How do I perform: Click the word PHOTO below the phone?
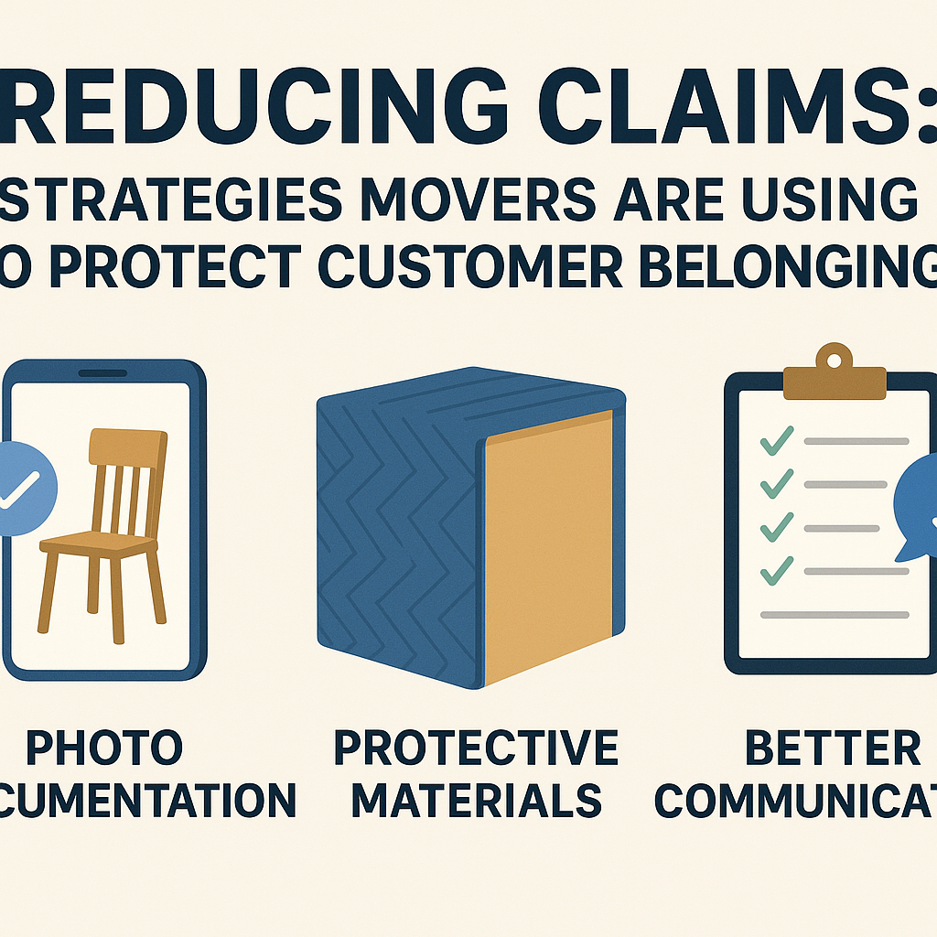pyautogui.click(x=103, y=748)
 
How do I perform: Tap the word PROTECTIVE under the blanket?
pyautogui.click(x=475, y=748)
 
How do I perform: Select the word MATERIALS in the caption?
pyautogui.click(x=476, y=801)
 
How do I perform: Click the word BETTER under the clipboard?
pyautogui.click(x=833, y=748)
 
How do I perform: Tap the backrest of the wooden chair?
pyautogui.click(x=126, y=476)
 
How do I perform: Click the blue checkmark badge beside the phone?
pyautogui.click(x=23, y=489)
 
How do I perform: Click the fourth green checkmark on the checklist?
pyautogui.click(x=777, y=571)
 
